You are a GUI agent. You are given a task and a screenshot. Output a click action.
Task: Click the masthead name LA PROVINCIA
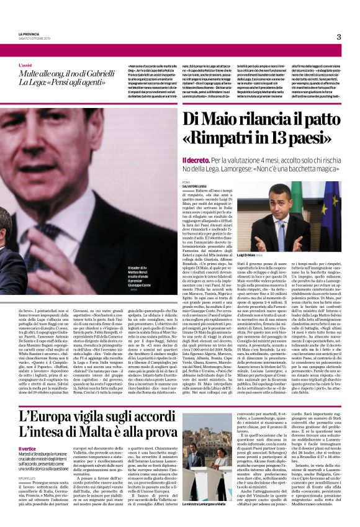pyautogui.click(x=28, y=35)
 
